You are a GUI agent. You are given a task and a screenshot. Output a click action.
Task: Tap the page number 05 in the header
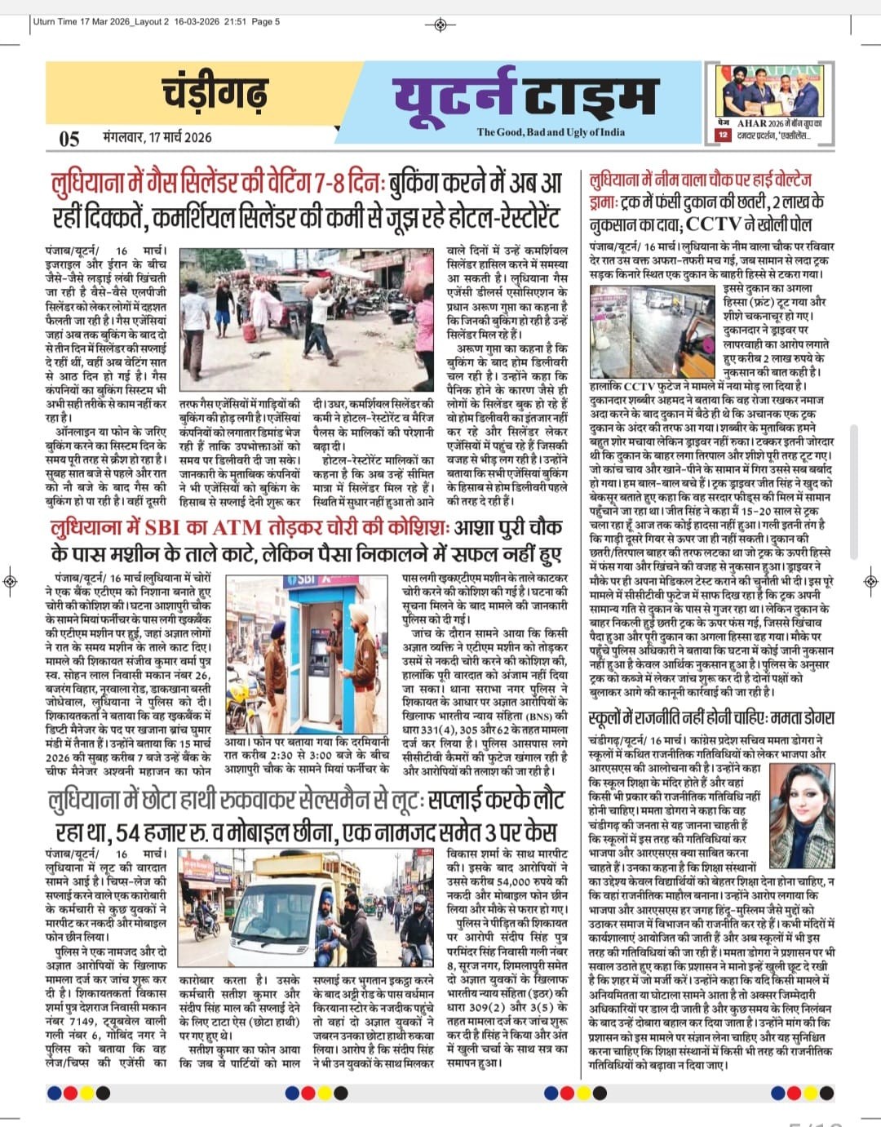pos(69,138)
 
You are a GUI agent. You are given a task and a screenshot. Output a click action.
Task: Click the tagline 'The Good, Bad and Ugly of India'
pos(551,132)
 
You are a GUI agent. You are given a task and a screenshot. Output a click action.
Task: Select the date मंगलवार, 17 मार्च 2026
pos(157,136)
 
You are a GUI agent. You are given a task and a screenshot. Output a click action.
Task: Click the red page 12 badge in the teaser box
pos(723,135)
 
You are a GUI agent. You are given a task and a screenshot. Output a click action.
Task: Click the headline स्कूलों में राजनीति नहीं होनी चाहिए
pos(711,718)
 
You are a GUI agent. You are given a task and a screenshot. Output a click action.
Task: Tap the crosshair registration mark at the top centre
pos(440,24)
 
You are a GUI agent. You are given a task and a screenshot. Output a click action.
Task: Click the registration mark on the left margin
pos(10,581)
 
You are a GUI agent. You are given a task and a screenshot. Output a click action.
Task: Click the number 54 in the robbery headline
pos(134,832)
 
